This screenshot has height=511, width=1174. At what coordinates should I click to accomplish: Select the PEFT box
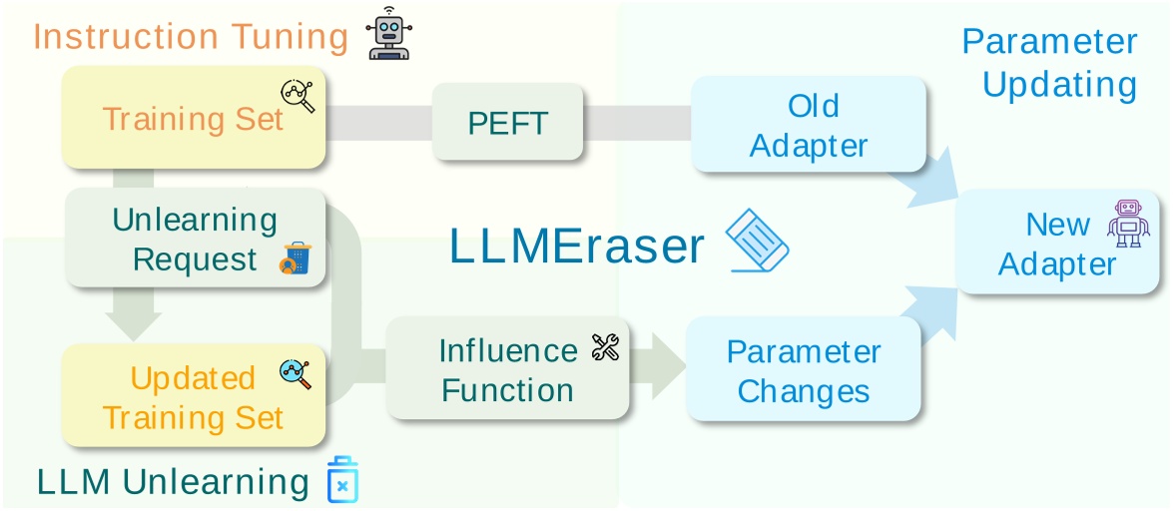point(507,122)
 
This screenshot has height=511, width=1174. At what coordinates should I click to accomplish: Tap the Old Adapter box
point(809,126)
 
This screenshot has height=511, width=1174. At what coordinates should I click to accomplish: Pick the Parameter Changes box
point(803,370)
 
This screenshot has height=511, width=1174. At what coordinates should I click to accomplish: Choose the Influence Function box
point(507,369)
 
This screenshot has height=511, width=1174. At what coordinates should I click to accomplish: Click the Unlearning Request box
point(195,239)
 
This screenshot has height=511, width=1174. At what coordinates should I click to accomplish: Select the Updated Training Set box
point(193,396)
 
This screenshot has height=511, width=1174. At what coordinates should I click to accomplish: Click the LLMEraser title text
point(577,246)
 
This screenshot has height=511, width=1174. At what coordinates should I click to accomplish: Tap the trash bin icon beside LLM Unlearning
point(342,480)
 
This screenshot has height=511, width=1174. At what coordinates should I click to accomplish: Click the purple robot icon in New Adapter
point(1128,223)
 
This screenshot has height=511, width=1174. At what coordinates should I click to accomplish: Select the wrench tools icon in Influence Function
point(605,347)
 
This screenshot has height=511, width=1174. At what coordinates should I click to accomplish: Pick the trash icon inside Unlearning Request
point(295,258)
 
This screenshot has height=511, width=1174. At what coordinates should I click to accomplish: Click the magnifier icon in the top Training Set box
point(297,96)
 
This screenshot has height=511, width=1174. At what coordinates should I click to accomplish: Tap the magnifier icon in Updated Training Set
point(294,374)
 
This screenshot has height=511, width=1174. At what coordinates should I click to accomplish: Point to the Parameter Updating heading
point(1049,62)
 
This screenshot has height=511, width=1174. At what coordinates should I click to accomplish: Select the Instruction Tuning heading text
point(191,36)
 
